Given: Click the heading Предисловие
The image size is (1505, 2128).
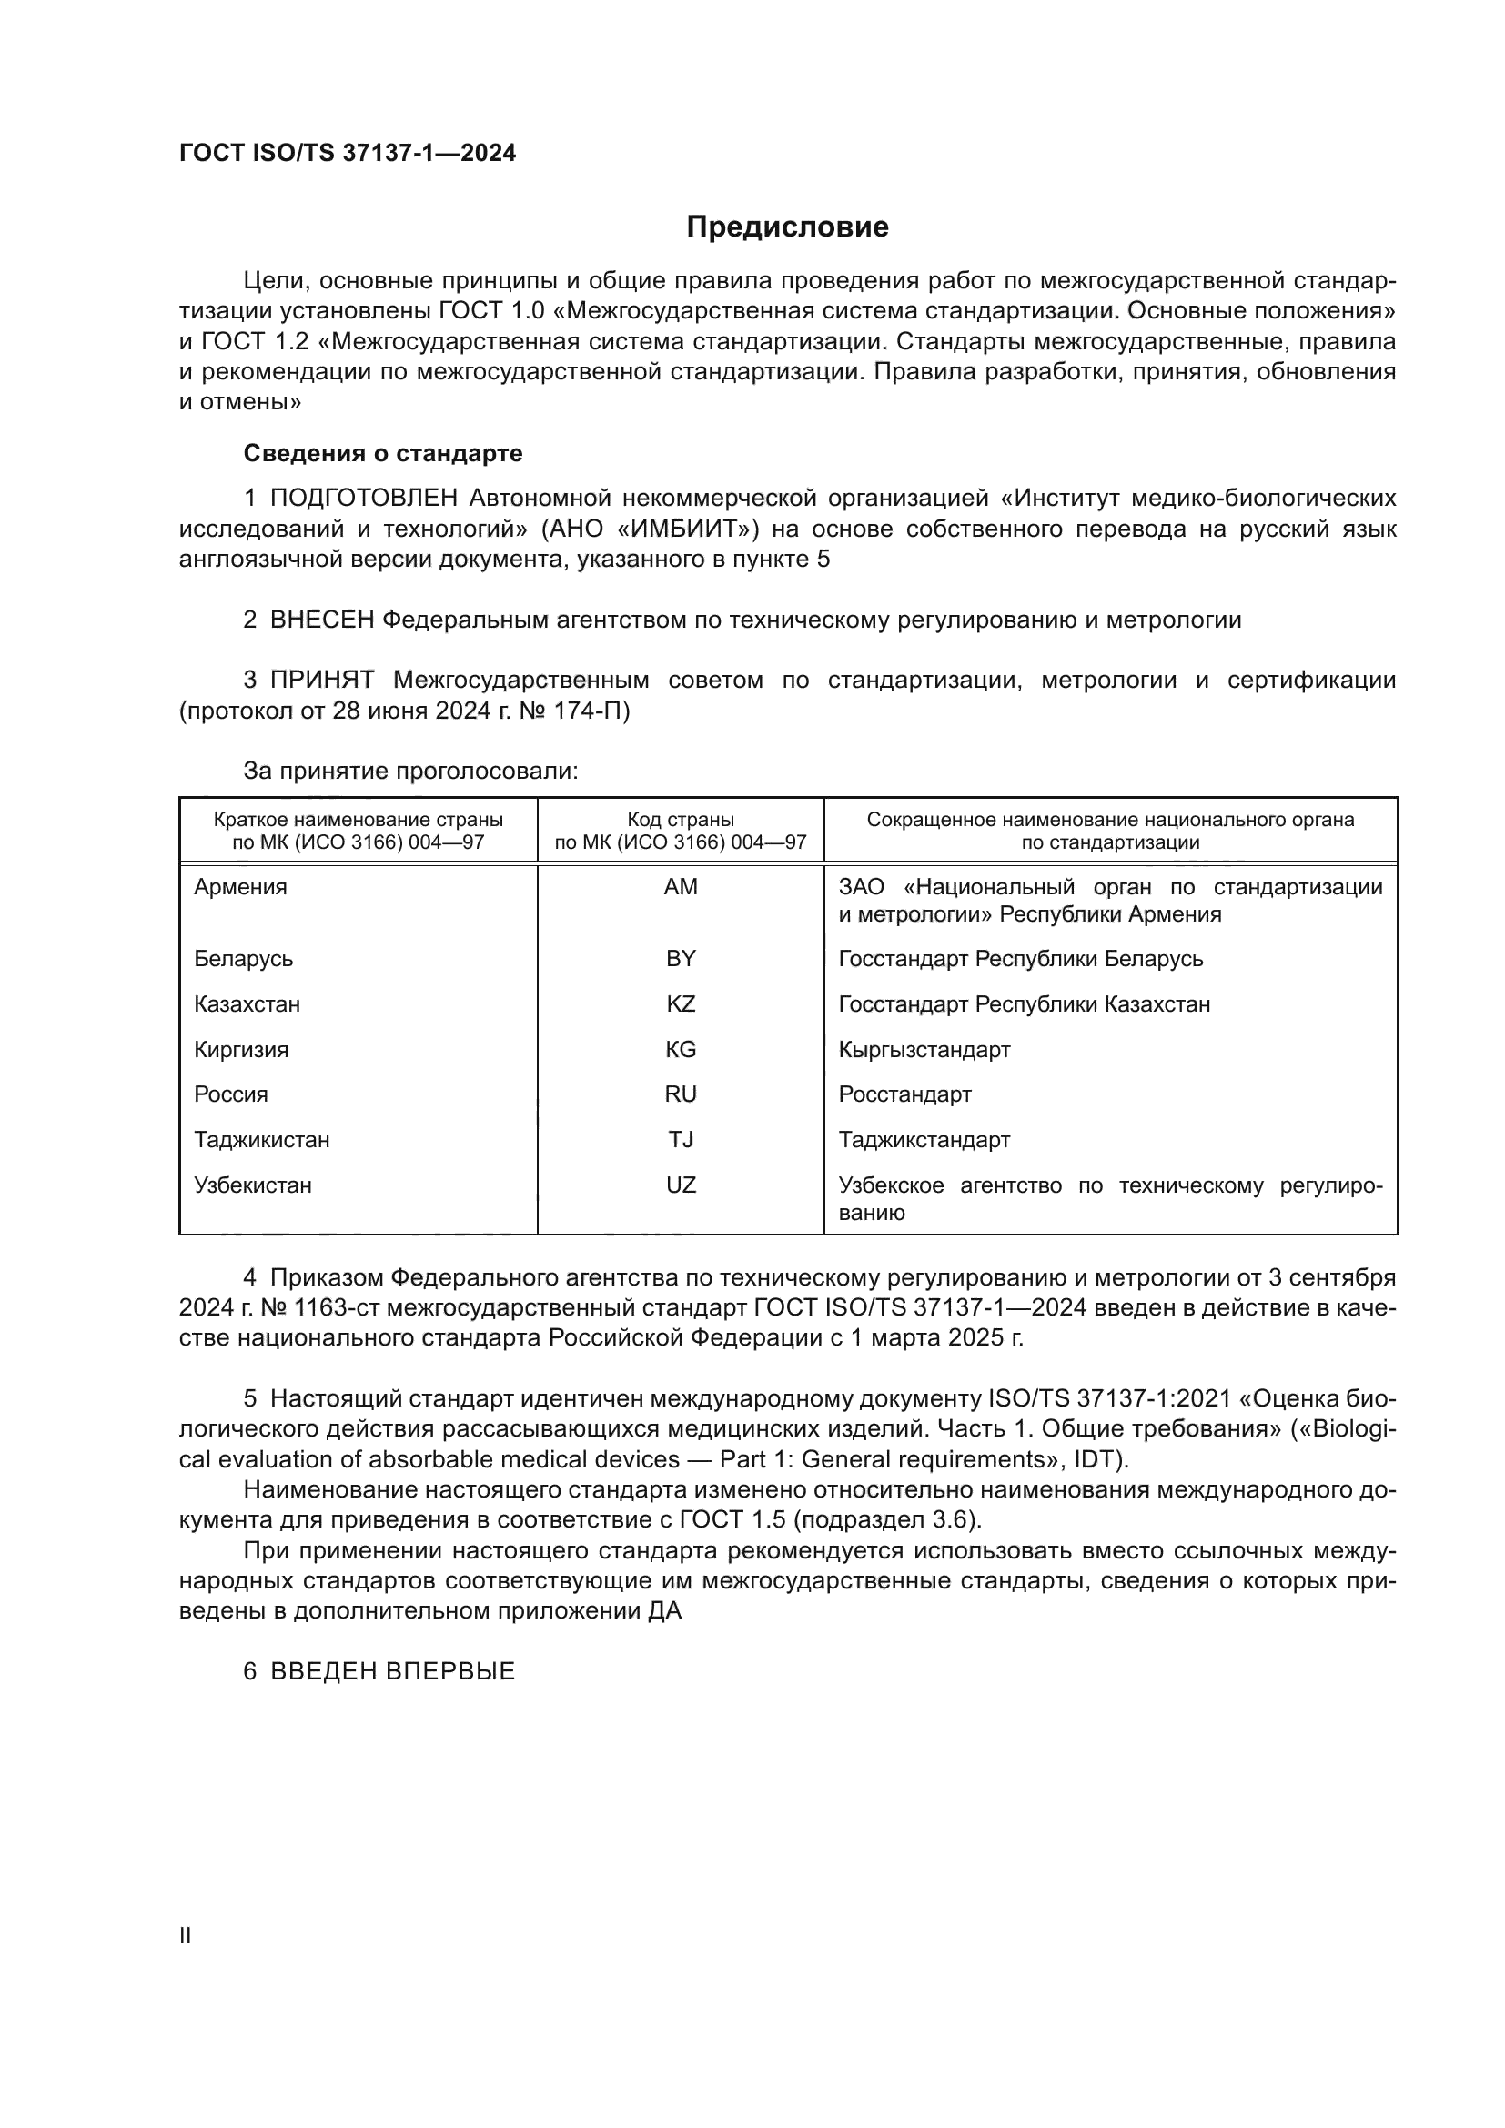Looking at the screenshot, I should (787, 227).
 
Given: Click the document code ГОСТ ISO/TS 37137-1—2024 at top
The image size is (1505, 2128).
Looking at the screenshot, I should (348, 154).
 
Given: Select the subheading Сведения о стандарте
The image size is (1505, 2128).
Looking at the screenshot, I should (383, 453).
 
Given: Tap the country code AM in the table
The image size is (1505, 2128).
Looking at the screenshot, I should (681, 887).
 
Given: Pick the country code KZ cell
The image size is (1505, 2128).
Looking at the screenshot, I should (681, 1003).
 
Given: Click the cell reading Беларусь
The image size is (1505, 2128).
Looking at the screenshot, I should (244, 958).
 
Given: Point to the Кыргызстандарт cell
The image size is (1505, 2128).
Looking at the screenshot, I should (924, 1049).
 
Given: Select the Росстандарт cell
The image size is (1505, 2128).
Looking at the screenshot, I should (904, 1094).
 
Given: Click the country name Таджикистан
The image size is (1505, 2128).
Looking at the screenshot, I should (261, 1139).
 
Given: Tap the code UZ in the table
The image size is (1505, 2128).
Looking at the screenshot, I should (681, 1185).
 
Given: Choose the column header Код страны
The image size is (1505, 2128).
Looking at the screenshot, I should (681, 820).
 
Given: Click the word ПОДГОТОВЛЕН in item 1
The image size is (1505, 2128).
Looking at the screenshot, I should (363, 499).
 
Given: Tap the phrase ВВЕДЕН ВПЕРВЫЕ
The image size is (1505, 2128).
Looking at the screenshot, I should (392, 1672).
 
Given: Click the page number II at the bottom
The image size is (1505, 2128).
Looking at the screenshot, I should (186, 1936).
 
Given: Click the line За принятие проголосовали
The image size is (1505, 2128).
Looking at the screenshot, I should (410, 772).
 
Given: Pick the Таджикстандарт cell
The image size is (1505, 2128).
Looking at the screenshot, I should (924, 1139).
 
